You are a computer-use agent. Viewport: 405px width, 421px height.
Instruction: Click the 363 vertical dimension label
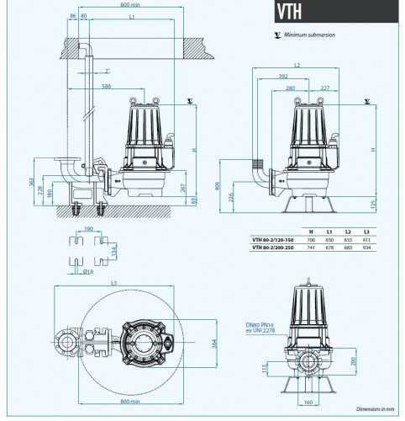pos(31,181)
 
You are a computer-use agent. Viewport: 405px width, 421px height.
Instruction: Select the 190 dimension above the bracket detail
pos(89,228)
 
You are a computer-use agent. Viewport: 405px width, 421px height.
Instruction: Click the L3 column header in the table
pos(365,229)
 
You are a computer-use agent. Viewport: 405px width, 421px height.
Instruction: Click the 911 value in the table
pos(365,237)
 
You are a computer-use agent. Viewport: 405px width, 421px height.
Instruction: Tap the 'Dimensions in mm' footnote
pos(373,410)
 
